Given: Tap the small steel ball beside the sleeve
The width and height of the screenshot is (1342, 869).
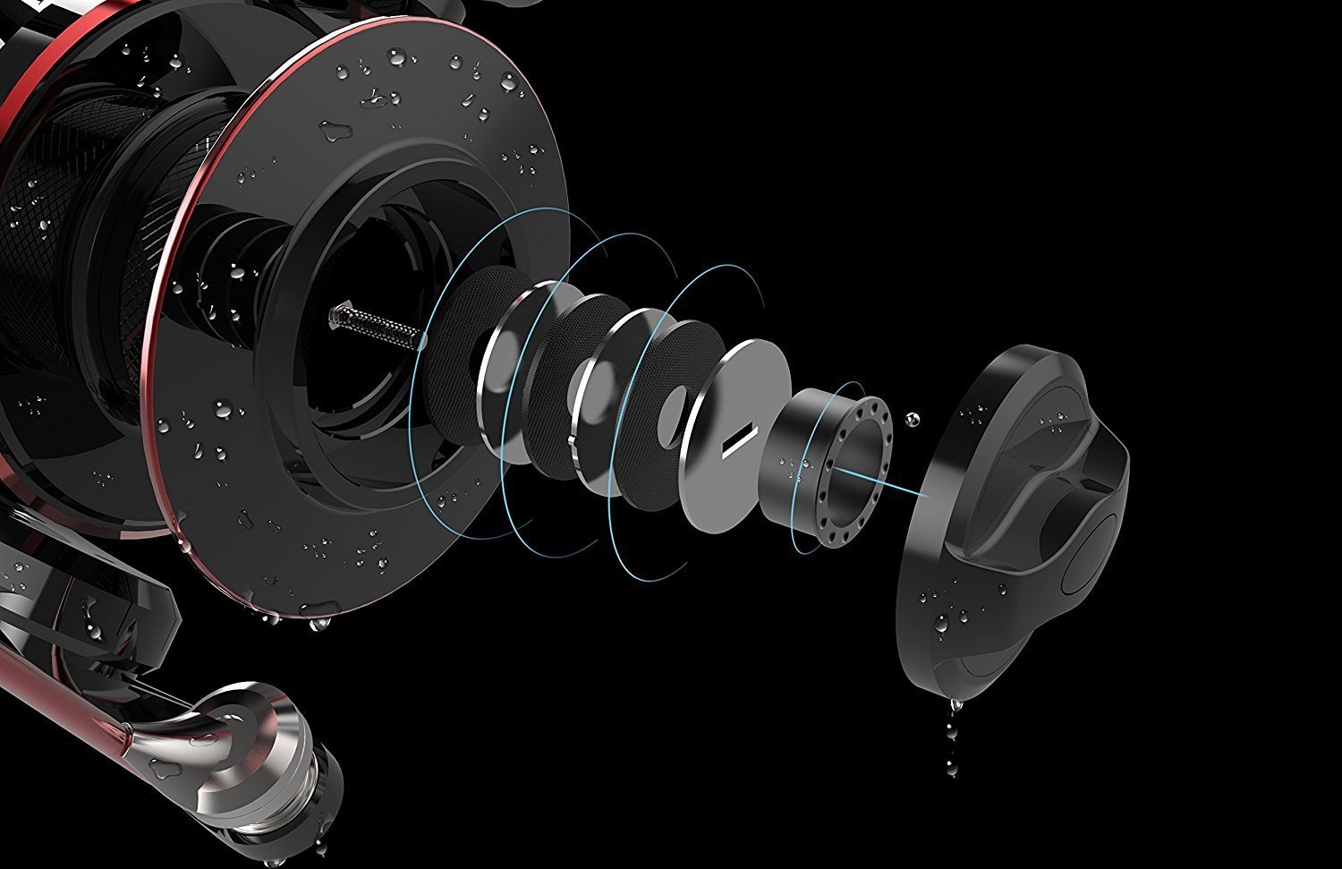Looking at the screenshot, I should tap(912, 418).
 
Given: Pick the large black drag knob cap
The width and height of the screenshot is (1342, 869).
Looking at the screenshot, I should tap(1011, 510).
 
